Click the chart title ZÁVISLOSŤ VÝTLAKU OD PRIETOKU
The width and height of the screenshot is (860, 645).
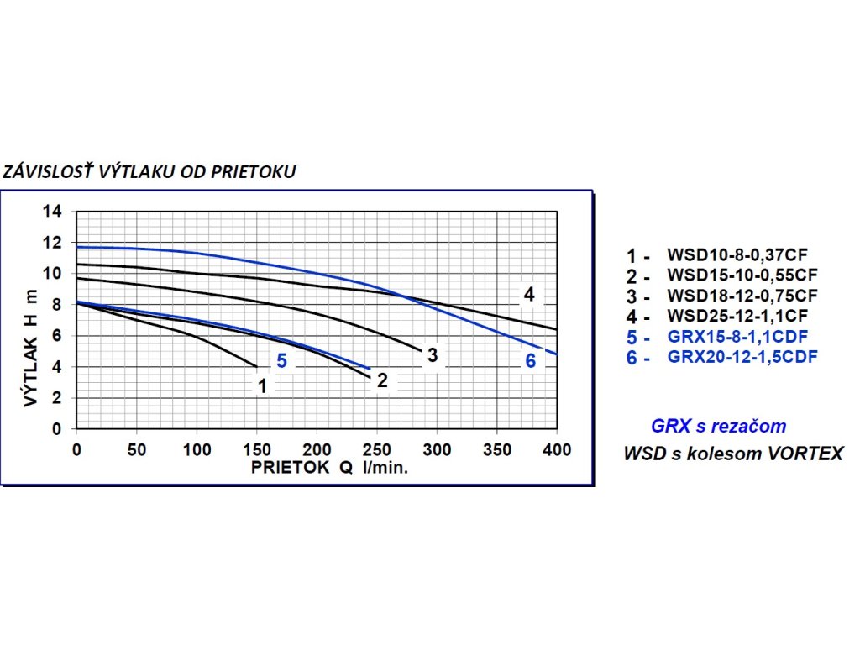pyautogui.click(x=149, y=172)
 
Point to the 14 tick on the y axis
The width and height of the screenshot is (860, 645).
pyautogui.click(x=53, y=211)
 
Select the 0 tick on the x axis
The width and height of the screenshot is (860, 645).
pyautogui.click(x=76, y=449)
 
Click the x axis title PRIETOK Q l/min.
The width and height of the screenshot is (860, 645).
pyautogui.click(x=328, y=468)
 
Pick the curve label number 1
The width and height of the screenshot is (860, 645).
pyautogui.click(x=263, y=386)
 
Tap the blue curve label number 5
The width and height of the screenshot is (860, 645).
pyautogui.click(x=282, y=362)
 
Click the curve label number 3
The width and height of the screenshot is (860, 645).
pyautogui.click(x=432, y=355)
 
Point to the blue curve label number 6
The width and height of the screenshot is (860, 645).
pyautogui.click(x=530, y=362)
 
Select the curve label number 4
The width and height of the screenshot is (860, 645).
pyautogui.click(x=529, y=295)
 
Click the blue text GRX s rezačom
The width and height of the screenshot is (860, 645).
pyautogui.click(x=718, y=427)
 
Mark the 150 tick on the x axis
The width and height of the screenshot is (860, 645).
pyautogui.click(x=256, y=449)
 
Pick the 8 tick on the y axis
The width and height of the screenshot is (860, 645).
pyautogui.click(x=57, y=304)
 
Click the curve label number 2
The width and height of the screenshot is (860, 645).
pyautogui.click(x=382, y=380)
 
